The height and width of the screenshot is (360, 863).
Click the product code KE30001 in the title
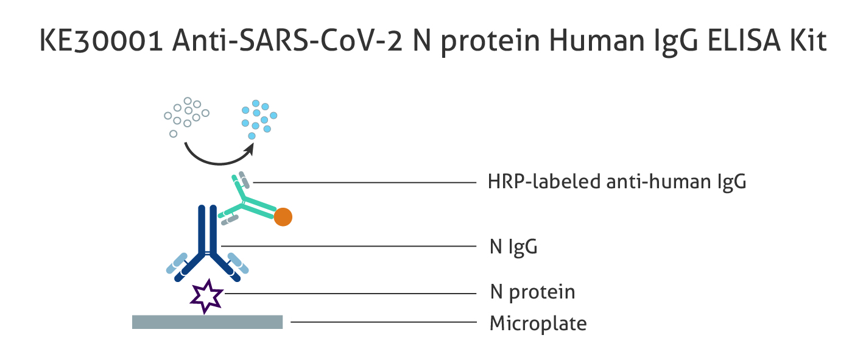coord(101,40)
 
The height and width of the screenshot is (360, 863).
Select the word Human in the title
coord(596,40)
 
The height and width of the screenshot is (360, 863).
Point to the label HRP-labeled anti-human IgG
coord(617,182)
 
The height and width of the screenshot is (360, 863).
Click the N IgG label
coord(513,247)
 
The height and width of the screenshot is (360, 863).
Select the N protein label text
coord(532,292)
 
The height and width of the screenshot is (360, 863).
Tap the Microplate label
coord(538,323)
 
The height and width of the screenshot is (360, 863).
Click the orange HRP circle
coord(283,217)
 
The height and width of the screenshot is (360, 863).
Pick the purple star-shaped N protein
coord(206,296)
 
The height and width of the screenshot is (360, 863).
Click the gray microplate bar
coord(207,322)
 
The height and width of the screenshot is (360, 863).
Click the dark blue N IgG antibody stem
coord(208,229)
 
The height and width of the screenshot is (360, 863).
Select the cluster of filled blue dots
coord(258,119)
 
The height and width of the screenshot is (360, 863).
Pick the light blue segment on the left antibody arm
coord(177,263)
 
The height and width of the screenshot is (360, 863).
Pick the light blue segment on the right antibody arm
coord(238,263)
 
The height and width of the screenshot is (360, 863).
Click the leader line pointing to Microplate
coord(383,322)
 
